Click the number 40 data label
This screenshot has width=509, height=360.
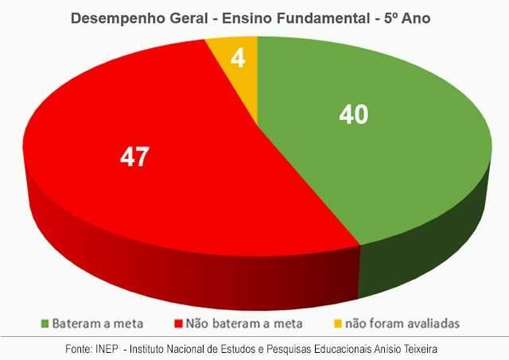[x=353, y=115]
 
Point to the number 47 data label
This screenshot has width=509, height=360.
[x=133, y=157]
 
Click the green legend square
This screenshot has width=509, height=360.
[x=45, y=323]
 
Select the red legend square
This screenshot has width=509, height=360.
[x=177, y=323]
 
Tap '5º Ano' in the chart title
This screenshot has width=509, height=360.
[x=409, y=17]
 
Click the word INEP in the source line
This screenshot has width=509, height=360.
[x=108, y=349]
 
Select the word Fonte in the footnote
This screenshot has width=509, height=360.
[x=79, y=349]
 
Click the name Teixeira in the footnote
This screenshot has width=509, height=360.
[x=420, y=349]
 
